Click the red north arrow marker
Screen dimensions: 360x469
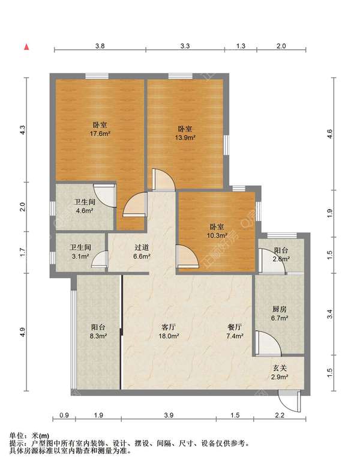tap(26, 47)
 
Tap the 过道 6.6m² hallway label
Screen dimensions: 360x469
tap(142, 252)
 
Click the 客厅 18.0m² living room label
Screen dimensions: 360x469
tap(169, 331)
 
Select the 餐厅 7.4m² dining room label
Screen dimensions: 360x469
tap(235, 331)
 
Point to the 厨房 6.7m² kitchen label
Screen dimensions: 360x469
tap(280, 313)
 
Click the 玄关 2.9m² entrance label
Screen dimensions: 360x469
tap(280, 372)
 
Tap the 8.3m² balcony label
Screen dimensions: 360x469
tap(98, 331)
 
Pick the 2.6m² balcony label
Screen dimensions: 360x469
tap(281, 255)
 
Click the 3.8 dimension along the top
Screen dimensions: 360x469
tap(100, 46)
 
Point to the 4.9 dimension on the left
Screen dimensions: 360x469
tap(23, 332)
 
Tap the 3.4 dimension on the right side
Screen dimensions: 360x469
tap(329, 313)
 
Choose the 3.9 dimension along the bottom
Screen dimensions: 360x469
tap(169, 415)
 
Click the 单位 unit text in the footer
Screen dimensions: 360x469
tap(17, 435)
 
